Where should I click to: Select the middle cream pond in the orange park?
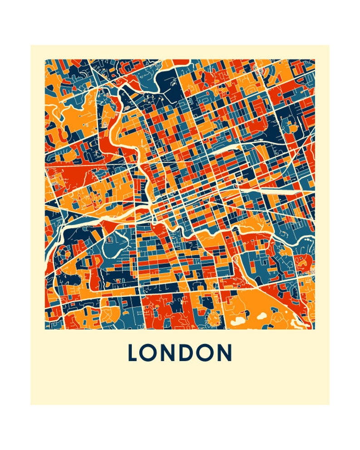261,316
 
